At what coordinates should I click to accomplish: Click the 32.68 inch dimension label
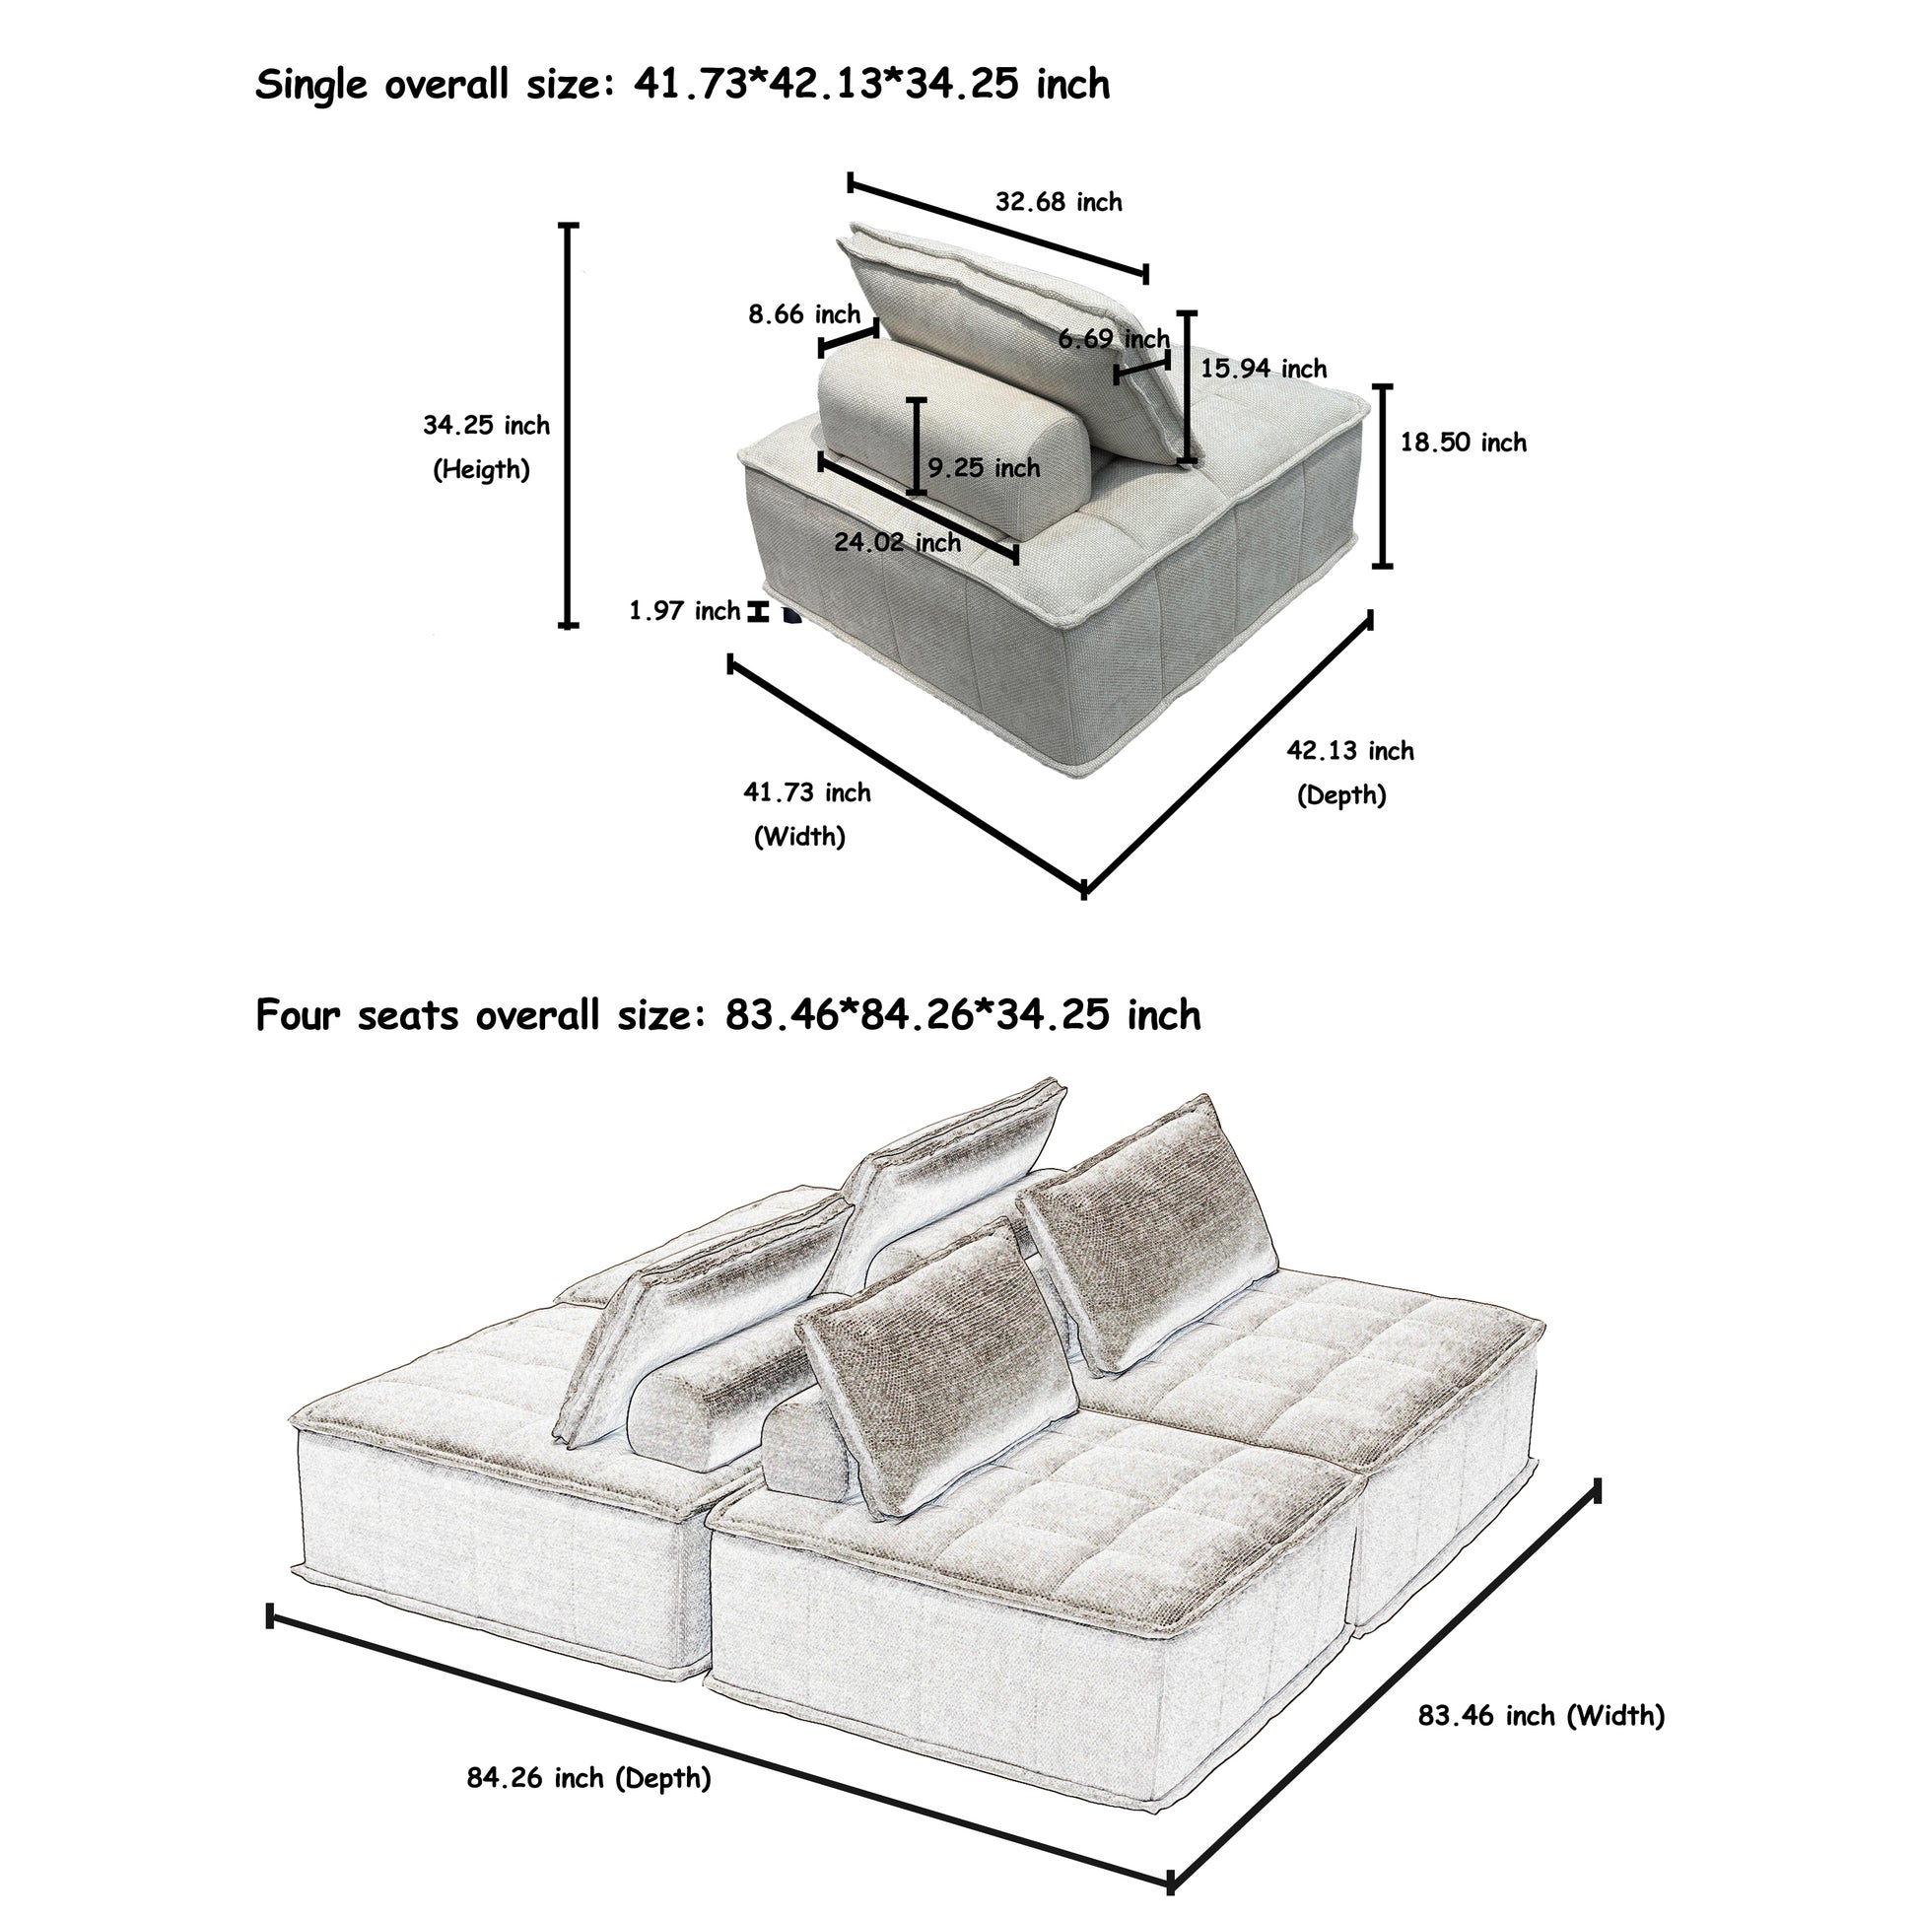pyautogui.click(x=1059, y=202)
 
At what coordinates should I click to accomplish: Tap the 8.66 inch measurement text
pyautogui.click(x=804, y=314)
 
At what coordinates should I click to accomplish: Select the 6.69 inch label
pyautogui.click(x=1113, y=338)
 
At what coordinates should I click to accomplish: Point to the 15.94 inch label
pyautogui.click(x=1263, y=369)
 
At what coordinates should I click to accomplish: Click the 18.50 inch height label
pyautogui.click(x=1463, y=442)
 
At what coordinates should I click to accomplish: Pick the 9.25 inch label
pyautogui.click(x=984, y=467)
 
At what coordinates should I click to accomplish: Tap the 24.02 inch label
pyautogui.click(x=898, y=542)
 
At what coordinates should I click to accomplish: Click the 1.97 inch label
pyautogui.click(x=685, y=610)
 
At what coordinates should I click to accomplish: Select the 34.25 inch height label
pyautogui.click(x=487, y=425)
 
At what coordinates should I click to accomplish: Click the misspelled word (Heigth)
pyautogui.click(x=482, y=469)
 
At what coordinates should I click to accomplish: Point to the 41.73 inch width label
pyautogui.click(x=807, y=792)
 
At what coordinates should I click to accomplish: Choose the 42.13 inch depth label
pyautogui.click(x=1350, y=750)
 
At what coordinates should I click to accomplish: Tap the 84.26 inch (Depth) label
pyautogui.click(x=588, y=1778)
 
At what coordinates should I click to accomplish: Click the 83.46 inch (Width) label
pyautogui.click(x=1541, y=1716)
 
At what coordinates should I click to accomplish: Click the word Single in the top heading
pyautogui.click(x=311, y=87)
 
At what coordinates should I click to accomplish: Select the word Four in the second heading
pyautogui.click(x=299, y=1014)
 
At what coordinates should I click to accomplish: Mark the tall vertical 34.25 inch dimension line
pyautogui.click(x=568, y=426)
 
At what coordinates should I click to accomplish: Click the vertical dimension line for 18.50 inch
pyautogui.click(x=1382, y=476)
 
